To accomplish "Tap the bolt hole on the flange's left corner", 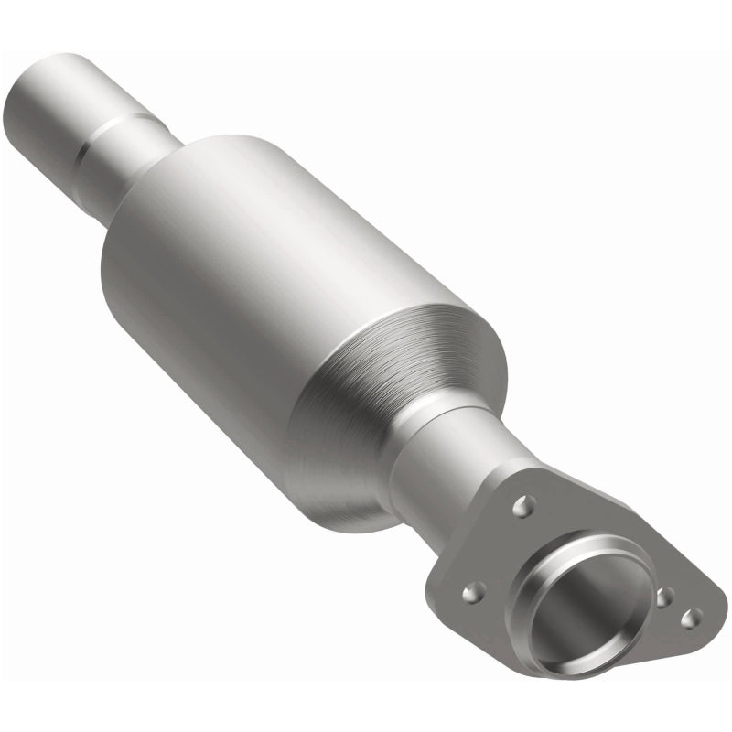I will pyautogui.click(x=472, y=592).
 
